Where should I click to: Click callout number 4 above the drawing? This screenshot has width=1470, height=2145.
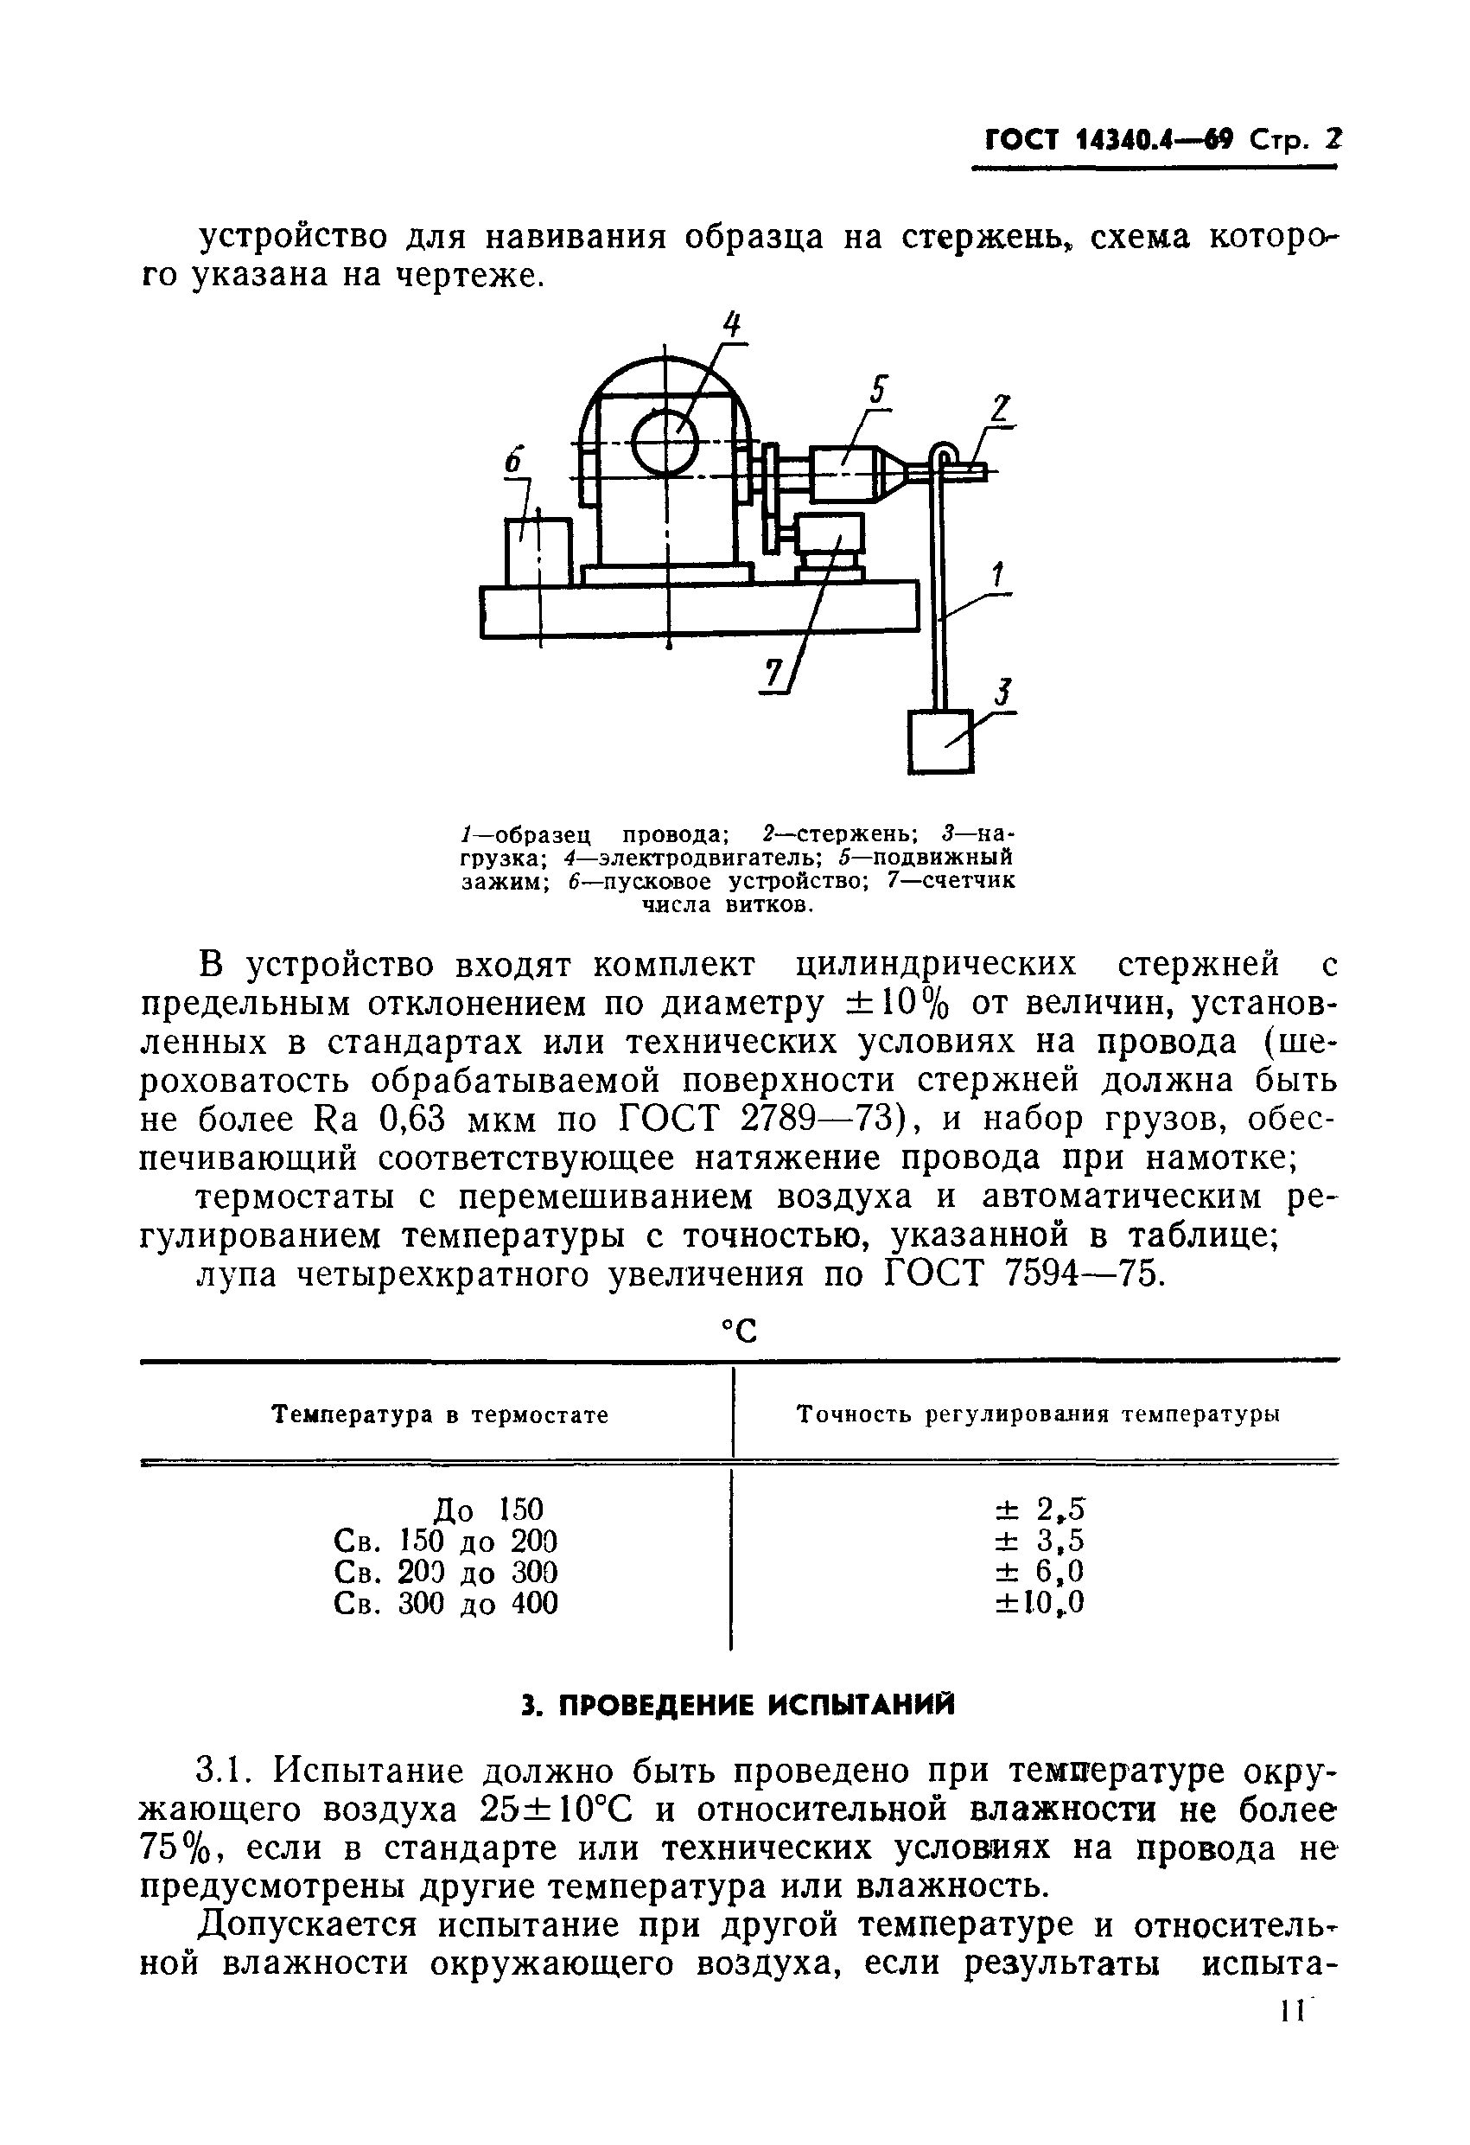(732, 327)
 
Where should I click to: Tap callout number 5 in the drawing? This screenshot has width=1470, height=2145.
(879, 392)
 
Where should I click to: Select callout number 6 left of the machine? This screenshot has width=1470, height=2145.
(514, 462)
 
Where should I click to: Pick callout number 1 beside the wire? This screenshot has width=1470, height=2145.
(997, 576)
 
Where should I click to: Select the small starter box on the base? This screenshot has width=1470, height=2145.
(538, 551)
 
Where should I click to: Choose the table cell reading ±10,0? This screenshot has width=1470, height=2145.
(1039, 1603)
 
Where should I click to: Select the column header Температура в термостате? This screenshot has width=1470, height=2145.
(441, 1415)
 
